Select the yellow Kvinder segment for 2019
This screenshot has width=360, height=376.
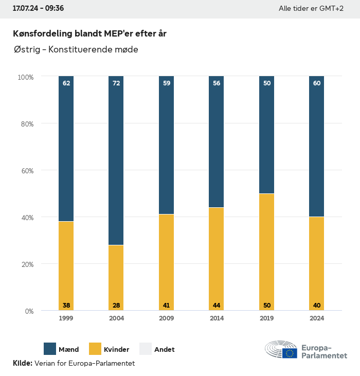coord(266,252)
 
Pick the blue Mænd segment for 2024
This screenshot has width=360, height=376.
coord(317,147)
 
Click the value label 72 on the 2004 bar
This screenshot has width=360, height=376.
coord(116,83)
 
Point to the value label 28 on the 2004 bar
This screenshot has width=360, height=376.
coord(116,306)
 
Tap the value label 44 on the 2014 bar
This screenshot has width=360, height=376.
coord(217,306)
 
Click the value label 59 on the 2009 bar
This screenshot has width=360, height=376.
coord(167,83)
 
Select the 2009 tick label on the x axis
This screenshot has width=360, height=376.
coord(167,318)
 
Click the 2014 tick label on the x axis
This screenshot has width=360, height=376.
coord(217,318)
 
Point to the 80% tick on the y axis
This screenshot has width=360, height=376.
coord(26,124)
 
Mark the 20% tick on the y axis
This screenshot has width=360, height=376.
coord(26,264)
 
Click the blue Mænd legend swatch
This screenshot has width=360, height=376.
coord(50,349)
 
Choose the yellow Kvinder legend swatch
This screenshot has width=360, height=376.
coord(95,349)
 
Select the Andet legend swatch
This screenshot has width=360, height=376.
coord(146,349)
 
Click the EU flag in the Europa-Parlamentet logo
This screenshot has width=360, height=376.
coord(290,353)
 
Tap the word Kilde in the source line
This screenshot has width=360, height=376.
coord(22,363)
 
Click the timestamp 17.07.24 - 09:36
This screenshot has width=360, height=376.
coord(38,9)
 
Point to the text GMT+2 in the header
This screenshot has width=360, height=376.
coord(332,9)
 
